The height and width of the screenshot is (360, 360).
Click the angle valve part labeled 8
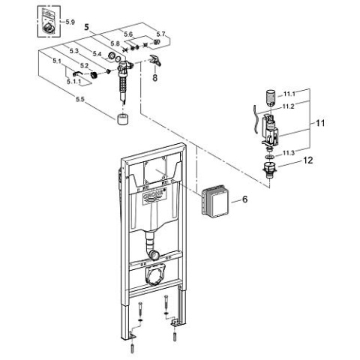point(155,59)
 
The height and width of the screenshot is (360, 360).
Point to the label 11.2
point(289,106)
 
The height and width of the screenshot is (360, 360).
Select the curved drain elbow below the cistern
point(152,243)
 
